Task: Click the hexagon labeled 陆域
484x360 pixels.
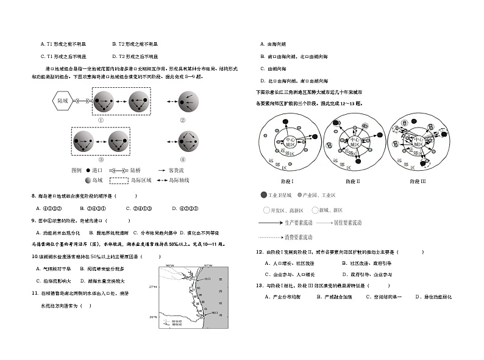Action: point(63,101)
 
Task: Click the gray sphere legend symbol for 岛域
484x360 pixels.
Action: point(89,180)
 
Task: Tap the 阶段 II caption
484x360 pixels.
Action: point(352,182)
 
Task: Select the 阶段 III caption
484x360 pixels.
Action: point(418,182)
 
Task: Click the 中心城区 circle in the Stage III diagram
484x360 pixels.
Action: point(416,142)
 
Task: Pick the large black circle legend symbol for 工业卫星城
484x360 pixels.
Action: point(263,195)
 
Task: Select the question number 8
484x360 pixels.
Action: point(33,196)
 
